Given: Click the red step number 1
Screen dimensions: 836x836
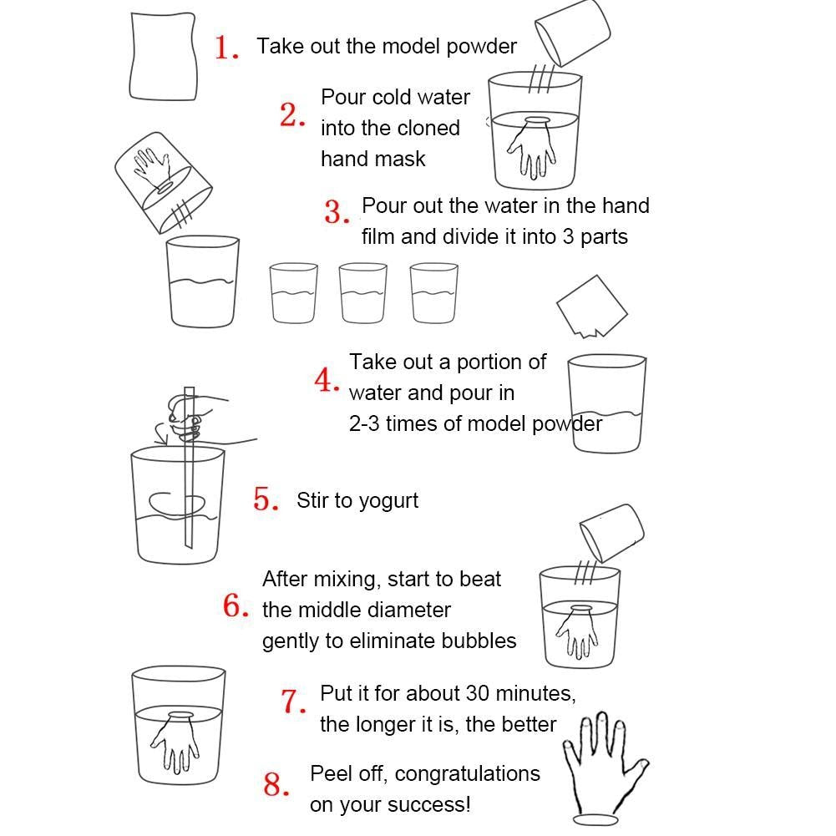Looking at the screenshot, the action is (226, 48).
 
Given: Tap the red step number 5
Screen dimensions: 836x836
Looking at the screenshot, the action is (266, 499).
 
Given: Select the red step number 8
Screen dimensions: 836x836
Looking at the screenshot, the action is (276, 785).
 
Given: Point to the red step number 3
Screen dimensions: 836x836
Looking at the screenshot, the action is (337, 212).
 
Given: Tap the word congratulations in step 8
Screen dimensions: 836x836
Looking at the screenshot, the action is (467, 774).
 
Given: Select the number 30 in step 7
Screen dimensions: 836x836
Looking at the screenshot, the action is (477, 693).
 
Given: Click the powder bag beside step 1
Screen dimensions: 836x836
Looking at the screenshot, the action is (163, 57).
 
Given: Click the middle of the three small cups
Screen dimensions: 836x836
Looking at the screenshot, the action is (362, 292).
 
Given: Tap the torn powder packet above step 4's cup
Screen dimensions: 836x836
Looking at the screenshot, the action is (592, 307).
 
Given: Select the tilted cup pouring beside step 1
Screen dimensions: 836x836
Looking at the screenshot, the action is (573, 32).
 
